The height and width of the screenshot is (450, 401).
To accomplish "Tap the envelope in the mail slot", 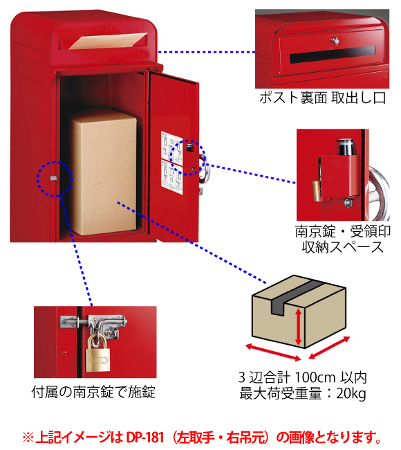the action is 108,42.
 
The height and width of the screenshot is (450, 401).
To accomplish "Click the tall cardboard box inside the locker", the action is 104,172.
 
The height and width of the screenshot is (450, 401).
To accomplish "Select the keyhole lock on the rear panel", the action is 335,41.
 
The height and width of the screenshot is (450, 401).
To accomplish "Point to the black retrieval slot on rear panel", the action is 333,55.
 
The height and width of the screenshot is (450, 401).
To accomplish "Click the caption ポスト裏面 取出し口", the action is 322,98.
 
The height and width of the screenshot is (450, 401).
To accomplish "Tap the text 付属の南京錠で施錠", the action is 93,392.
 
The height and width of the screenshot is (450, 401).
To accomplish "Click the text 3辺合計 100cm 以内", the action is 303,377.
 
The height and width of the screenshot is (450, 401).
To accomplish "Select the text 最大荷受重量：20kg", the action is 303,393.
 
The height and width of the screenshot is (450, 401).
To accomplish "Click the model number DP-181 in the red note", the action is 144,438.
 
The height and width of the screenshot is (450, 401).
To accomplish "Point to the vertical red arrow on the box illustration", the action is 299,327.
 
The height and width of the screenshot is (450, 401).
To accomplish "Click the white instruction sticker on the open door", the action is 172,163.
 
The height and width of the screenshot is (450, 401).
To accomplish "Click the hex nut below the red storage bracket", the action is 347,202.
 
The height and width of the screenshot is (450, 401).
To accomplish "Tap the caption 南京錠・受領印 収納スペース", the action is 343,240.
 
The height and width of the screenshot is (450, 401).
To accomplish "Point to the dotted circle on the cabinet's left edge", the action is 55,179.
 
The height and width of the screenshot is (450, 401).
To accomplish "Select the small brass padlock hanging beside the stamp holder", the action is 316,191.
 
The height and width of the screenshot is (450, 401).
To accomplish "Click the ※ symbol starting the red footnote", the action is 28,438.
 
